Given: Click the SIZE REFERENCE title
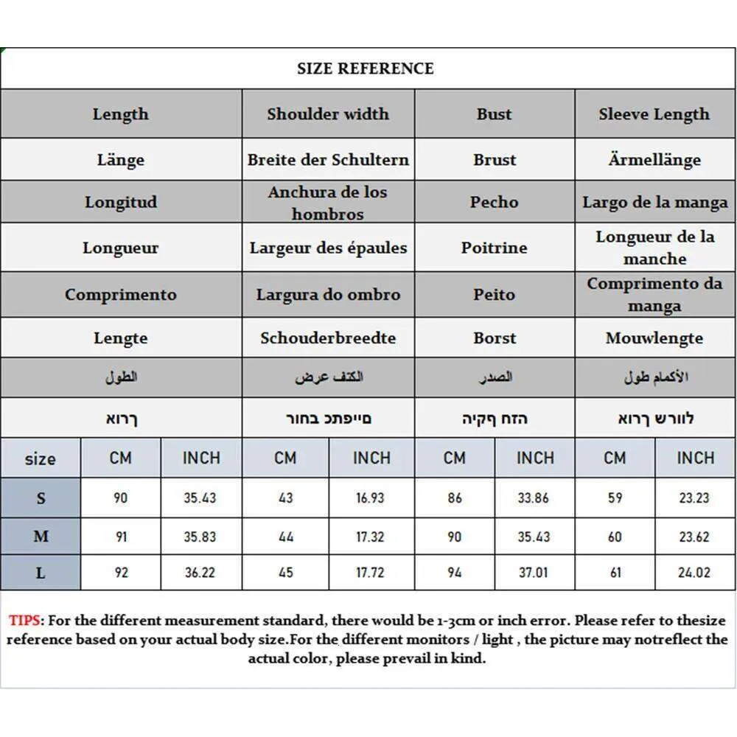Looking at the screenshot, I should point(365,69).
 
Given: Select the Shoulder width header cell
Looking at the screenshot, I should point(328,114).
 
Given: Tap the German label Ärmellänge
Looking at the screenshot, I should point(654,160).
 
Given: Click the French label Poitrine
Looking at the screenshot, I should point(495,248).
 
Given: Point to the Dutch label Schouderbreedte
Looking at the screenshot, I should point(328,338).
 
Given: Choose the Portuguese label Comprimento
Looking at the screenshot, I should point(120,295).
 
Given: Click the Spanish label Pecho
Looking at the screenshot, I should point(495,202).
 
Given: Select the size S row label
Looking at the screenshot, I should point(41,498).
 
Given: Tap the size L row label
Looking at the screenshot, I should point(41,573).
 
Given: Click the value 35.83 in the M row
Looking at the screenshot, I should point(200,537).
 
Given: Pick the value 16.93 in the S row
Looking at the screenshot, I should point(370,498).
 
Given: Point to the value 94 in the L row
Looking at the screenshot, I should point(455,573).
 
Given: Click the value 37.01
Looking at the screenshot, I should point(534,573).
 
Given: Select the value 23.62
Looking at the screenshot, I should point(694,537).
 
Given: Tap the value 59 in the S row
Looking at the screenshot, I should point(615,498).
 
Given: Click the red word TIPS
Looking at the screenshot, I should point(27,621).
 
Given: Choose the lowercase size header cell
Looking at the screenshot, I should point(40,458).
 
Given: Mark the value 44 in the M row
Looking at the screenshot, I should point(286,537).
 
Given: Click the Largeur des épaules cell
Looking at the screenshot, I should point(328,248).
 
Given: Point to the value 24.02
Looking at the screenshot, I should point(694,573).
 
